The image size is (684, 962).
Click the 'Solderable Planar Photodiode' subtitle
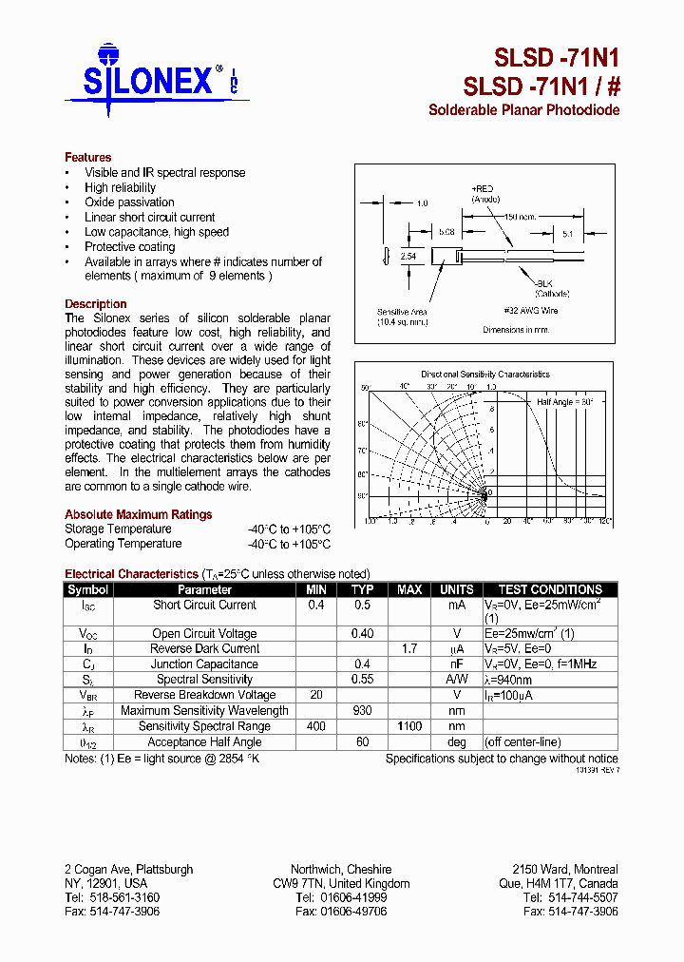[x=523, y=110]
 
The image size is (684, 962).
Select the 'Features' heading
[x=87, y=157]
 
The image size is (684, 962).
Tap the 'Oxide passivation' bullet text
[x=129, y=202]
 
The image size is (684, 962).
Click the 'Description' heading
[x=95, y=304]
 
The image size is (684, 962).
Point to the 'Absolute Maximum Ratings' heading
[x=138, y=514]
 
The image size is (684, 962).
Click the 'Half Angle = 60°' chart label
[x=565, y=402]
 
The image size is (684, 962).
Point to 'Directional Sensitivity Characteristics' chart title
[x=484, y=375]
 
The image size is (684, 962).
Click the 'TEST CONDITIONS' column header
[x=550, y=589]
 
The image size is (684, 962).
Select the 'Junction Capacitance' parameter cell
[x=204, y=664]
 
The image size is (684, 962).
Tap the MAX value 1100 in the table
[x=409, y=726]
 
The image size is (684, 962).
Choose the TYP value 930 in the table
[x=362, y=711]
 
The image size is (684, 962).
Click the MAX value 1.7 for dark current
[x=409, y=649]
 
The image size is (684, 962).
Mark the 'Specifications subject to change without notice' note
[x=501, y=759]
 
